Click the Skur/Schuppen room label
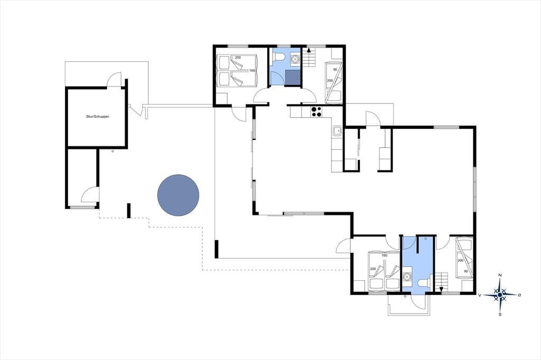tap(98, 117)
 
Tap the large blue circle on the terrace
tap(178, 195)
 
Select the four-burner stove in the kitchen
tap(316, 112)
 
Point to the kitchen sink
tap(337, 131)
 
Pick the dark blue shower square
tap(293, 78)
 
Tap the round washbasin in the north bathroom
tap(295, 59)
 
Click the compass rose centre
tap(500, 295)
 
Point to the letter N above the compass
tap(500, 275)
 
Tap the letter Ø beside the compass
tap(519, 295)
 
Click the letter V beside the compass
tap(480, 295)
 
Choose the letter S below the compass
tap(500, 315)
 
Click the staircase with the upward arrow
tap(310, 58)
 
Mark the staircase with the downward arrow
tap(441, 282)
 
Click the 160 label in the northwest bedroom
tap(252, 71)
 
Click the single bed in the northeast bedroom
tap(334, 83)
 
